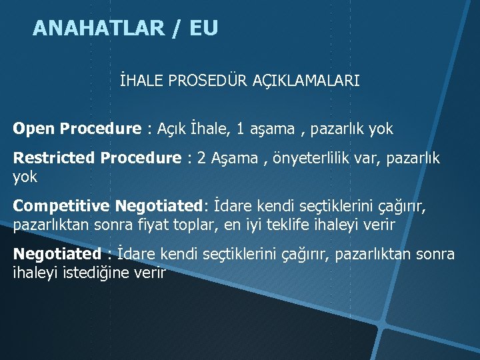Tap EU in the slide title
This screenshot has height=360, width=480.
203,29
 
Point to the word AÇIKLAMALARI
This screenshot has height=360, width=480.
306,81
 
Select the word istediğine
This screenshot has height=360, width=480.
87,273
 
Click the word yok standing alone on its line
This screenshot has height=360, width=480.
25,177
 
